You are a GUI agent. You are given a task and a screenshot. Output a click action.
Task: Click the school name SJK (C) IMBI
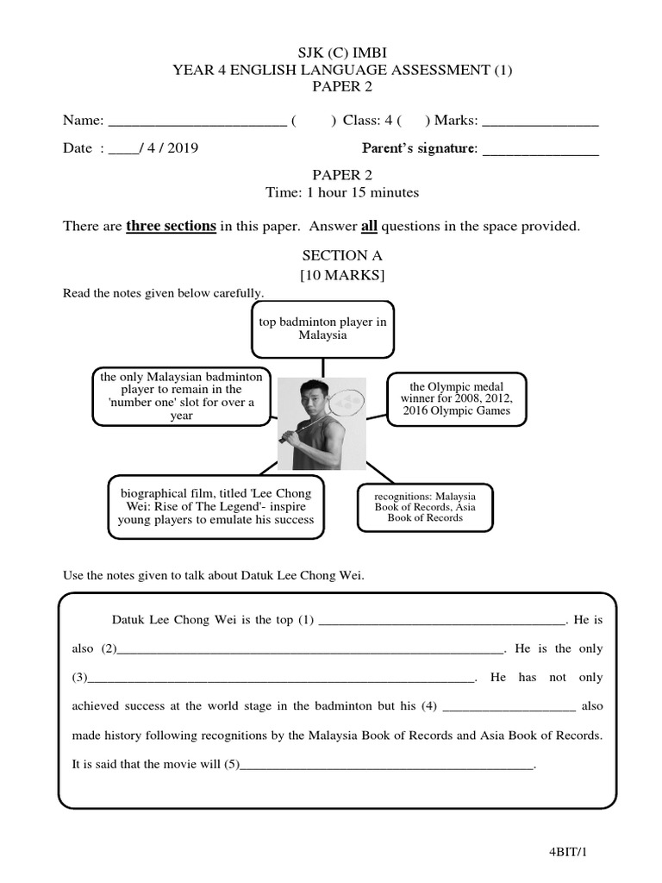(x=332, y=53)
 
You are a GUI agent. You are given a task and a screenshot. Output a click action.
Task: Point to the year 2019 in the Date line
(x=181, y=148)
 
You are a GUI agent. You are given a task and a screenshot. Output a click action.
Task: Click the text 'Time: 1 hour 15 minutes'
(x=332, y=192)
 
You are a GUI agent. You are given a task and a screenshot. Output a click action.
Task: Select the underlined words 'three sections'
(x=171, y=226)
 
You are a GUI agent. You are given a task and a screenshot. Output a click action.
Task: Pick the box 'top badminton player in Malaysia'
(x=322, y=329)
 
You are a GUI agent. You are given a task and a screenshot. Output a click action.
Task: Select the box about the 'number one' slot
(x=182, y=397)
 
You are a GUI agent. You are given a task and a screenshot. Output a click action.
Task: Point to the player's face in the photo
(x=307, y=401)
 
